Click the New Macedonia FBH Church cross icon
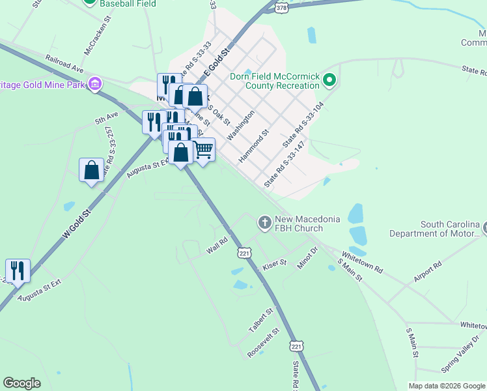pyautogui.click(x=265, y=224)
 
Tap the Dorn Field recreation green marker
pyautogui.click(x=329, y=81)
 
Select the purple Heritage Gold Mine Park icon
pyautogui.click(x=95, y=83)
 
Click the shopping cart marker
pyautogui.click(x=203, y=150)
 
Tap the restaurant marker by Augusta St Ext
pyautogui.click(x=18, y=270)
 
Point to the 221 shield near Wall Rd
pyautogui.click(x=245, y=253)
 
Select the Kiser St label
pyautogui.click(x=275, y=267)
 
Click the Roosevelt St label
pyautogui.click(x=263, y=343)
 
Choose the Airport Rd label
pyautogui.click(x=427, y=272)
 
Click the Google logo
pyautogui.click(x=21, y=383)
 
